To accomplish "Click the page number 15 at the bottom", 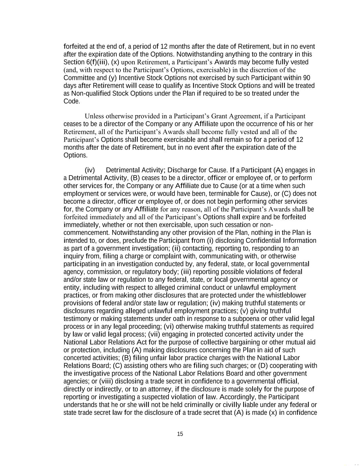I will [180, 434].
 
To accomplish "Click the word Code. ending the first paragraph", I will [72, 101].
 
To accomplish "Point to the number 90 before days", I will [306, 78].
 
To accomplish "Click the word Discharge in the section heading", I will [182, 170].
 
